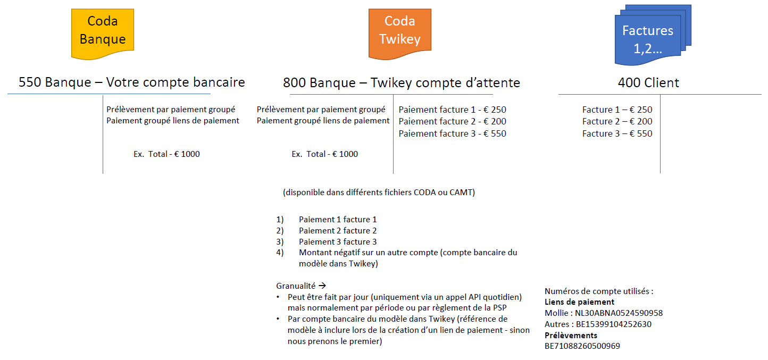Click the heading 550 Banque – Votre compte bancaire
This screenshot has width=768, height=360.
pyautogui.click(x=131, y=82)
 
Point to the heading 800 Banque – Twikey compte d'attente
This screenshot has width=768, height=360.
pyautogui.click(x=401, y=82)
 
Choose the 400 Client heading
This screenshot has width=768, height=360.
pyautogui.click(x=648, y=82)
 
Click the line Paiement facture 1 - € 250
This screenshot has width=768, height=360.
pyautogui.click(x=452, y=110)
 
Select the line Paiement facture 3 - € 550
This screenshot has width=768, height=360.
pyautogui.click(x=452, y=133)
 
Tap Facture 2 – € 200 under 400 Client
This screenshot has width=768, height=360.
pyautogui.click(x=617, y=121)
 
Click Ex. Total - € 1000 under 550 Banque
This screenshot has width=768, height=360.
pyautogui.click(x=166, y=154)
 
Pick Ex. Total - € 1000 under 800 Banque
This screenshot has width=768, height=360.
pyautogui.click(x=324, y=154)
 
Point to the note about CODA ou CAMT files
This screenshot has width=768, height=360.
pyautogui.click(x=379, y=192)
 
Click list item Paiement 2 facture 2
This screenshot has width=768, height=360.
pyautogui.click(x=337, y=230)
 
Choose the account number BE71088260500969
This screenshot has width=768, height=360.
pyautogui.click(x=582, y=346)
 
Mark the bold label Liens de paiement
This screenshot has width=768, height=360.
pyautogui.click(x=579, y=302)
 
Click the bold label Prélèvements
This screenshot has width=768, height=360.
pyautogui.click(x=571, y=335)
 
